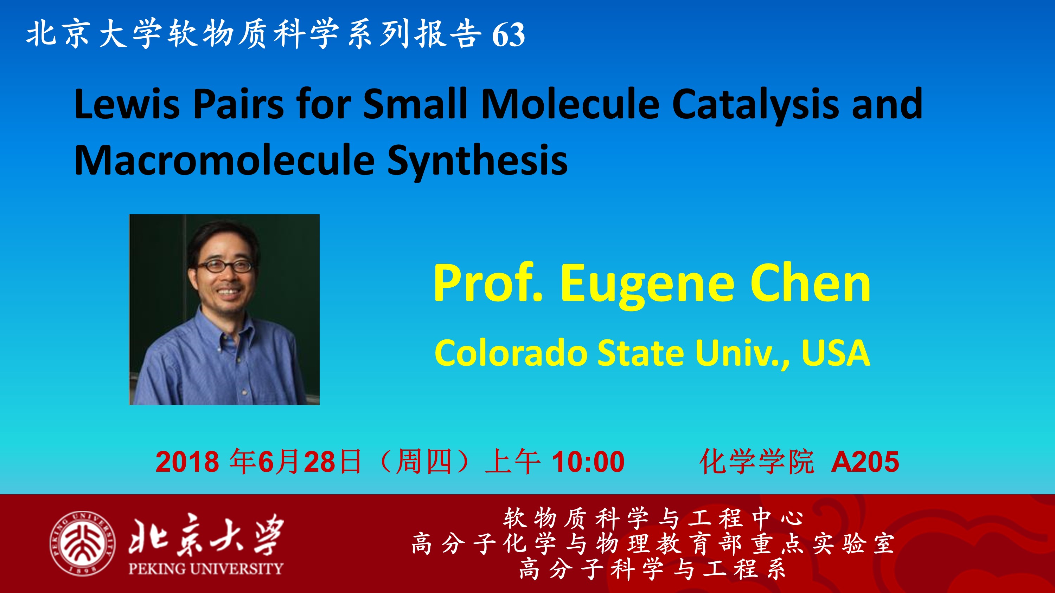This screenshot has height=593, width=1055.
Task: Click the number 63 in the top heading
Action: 508,35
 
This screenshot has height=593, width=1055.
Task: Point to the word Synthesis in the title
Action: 477,162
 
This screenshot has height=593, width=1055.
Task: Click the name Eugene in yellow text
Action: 647,285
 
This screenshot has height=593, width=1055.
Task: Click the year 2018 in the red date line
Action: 187,462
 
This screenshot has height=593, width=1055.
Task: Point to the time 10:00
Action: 589,462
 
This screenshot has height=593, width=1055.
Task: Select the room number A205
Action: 865,462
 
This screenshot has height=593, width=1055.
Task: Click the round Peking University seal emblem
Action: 82,543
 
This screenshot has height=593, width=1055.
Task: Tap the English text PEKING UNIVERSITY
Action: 206,568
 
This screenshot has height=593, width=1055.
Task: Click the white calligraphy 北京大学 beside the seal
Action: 206,534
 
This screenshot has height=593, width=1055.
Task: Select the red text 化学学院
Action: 756,462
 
